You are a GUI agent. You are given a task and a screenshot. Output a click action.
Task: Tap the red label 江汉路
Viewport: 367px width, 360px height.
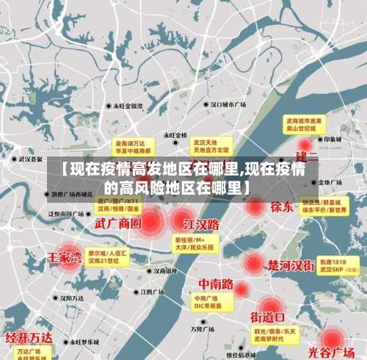[201, 223]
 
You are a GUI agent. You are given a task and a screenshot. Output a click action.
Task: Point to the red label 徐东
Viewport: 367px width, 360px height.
[281, 206]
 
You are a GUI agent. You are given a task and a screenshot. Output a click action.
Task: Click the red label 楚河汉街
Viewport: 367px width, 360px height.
[291, 265]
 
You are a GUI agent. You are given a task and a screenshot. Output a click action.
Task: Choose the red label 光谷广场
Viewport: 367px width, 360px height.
[335, 351]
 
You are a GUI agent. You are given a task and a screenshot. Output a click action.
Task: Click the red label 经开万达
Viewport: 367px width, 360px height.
[29, 338]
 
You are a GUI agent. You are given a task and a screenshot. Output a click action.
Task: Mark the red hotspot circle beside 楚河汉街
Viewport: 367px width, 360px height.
[253, 263]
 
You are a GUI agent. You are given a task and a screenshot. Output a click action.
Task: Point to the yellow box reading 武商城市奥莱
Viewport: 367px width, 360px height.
[305, 123]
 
